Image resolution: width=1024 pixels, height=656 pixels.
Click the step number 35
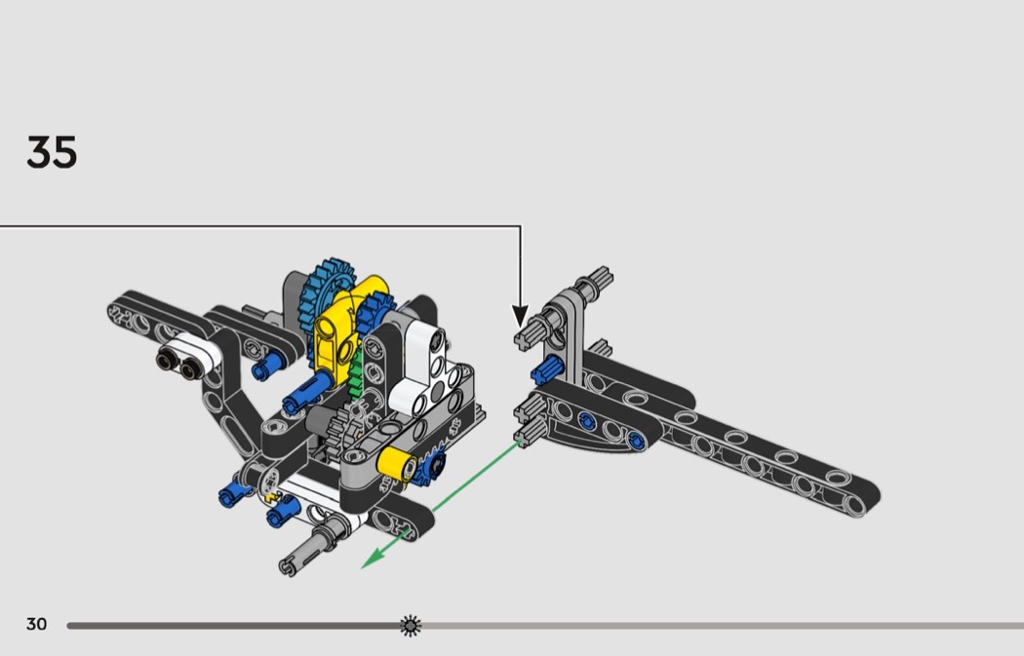point(52,153)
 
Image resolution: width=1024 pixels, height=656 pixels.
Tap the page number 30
point(37,624)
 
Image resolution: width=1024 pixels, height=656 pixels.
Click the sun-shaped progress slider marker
point(411,626)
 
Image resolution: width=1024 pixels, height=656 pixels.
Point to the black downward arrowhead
point(520,316)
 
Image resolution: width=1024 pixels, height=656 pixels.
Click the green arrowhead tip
point(363,568)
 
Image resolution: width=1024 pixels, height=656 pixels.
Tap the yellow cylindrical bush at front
point(397,464)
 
